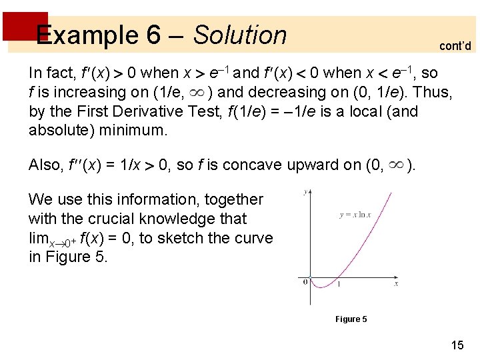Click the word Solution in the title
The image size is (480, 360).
coord(240,35)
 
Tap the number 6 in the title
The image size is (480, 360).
coord(153,35)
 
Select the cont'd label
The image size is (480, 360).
coord(455,46)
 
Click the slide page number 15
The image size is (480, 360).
coord(457,345)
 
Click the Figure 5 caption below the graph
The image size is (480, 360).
coord(351,319)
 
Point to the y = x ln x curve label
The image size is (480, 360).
coord(355,215)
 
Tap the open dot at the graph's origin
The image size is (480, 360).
coord(311,277)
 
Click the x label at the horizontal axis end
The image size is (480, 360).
coord(395,284)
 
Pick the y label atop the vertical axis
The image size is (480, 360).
coord(305,192)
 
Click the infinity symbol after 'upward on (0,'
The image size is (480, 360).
coord(395,164)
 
